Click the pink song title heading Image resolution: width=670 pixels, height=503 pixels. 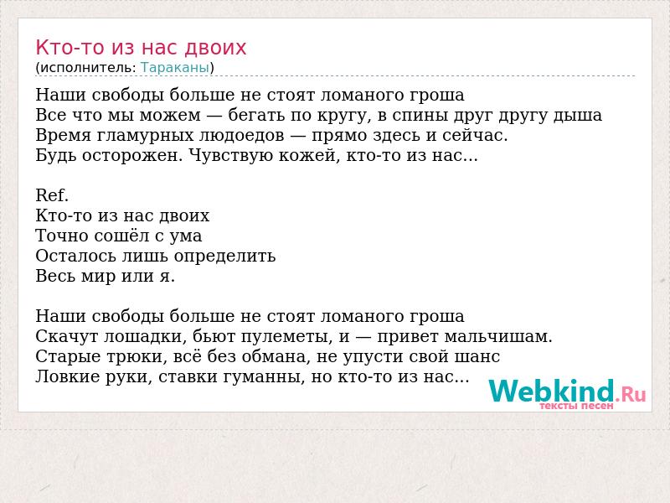pyautogui.click(x=141, y=48)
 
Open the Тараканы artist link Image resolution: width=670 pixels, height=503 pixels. pyautogui.click(x=175, y=68)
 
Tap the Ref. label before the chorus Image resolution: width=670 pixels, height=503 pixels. pyautogui.click(x=52, y=195)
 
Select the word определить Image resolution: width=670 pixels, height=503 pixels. pyautogui.click(x=224, y=257)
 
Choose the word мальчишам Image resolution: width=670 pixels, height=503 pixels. pyautogui.click(x=498, y=337)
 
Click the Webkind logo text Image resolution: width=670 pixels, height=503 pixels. pyautogui.click(x=551, y=391)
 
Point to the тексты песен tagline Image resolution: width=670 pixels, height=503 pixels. pyautogui.click(x=576, y=406)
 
